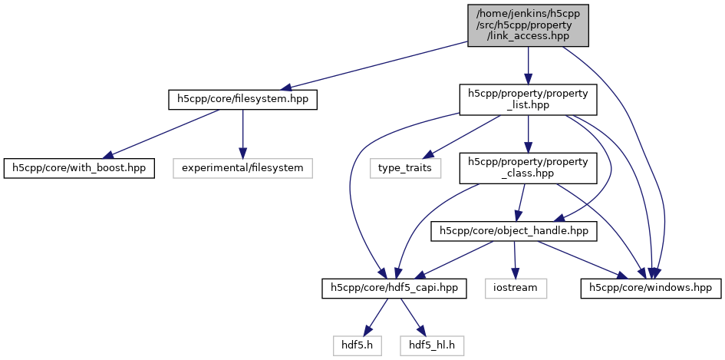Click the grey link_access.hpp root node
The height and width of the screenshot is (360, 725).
(x=527, y=25)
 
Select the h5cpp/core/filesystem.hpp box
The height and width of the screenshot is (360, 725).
(x=242, y=99)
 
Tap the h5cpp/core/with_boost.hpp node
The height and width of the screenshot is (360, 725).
(x=80, y=166)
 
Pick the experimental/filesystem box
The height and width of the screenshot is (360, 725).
(x=242, y=166)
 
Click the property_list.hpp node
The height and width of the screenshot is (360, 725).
(x=527, y=100)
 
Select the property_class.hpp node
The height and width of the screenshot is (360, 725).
(x=527, y=167)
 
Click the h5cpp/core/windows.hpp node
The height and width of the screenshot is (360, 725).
(x=651, y=289)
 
